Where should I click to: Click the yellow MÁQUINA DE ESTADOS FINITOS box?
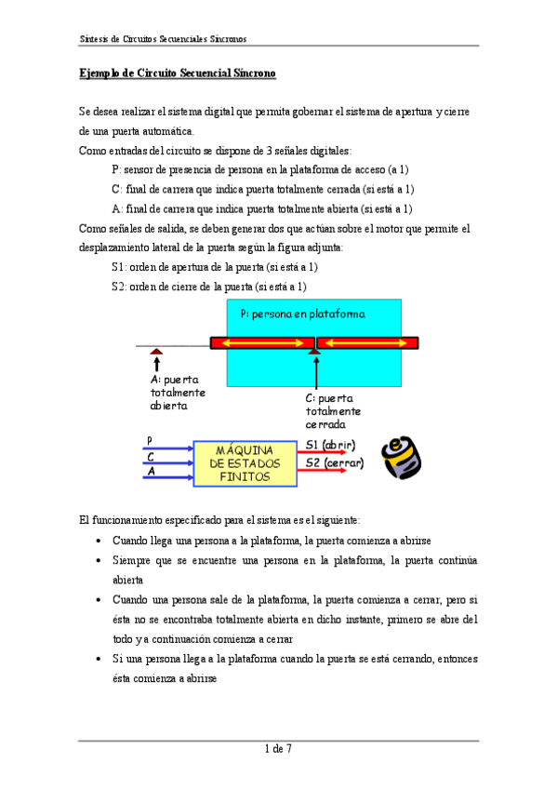(x=245, y=462)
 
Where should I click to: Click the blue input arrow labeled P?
(x=167, y=446)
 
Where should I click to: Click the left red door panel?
(x=262, y=343)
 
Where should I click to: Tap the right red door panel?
(x=367, y=343)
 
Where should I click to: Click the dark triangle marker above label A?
(x=157, y=351)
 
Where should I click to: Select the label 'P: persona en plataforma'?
(x=302, y=314)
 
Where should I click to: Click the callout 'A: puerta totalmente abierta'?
(x=179, y=392)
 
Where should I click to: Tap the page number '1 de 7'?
(x=279, y=749)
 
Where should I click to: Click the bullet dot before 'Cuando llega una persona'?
(x=99, y=541)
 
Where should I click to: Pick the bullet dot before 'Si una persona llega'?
(x=99, y=659)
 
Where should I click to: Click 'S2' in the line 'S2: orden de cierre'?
(x=118, y=287)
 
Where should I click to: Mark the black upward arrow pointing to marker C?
(x=317, y=376)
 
